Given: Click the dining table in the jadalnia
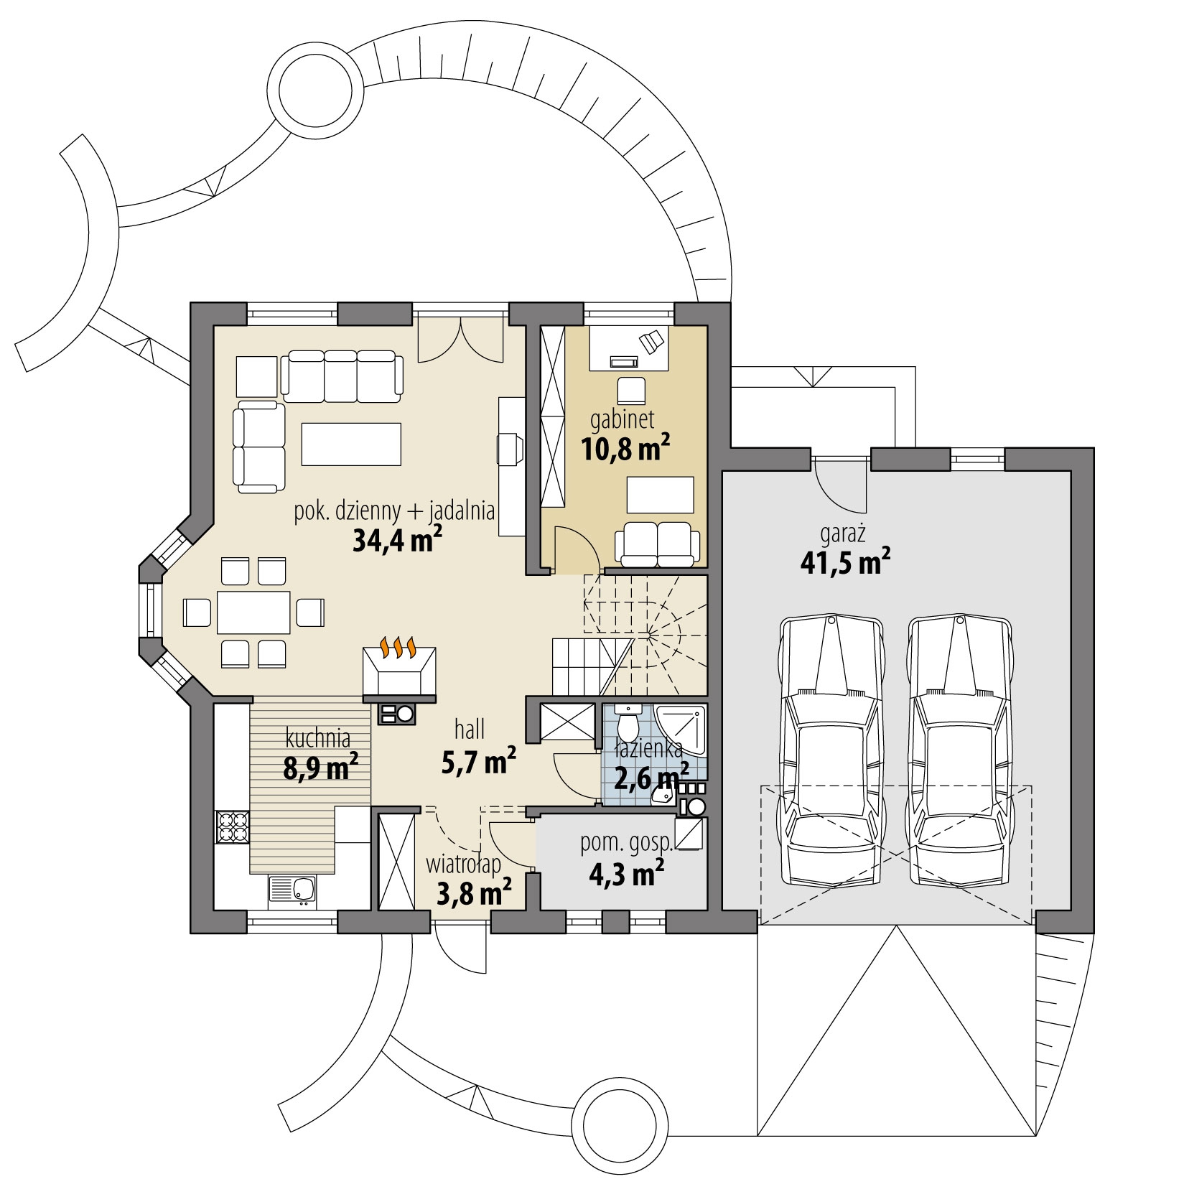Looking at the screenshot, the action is pyautogui.click(x=254, y=612).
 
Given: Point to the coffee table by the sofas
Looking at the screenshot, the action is pyautogui.click(x=351, y=444).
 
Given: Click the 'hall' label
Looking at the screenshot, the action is pyautogui.click(x=470, y=730).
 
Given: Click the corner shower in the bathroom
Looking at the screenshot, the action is pyautogui.click(x=681, y=731).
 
